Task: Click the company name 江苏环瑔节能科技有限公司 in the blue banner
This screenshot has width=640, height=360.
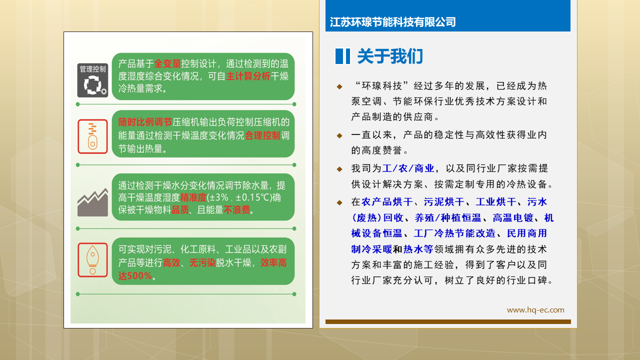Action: click(393, 22)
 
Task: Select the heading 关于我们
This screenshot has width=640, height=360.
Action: click(390, 56)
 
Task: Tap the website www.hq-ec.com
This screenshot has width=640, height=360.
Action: click(535, 310)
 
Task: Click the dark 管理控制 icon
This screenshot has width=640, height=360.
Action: click(92, 80)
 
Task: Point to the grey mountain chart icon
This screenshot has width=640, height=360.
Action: click(92, 202)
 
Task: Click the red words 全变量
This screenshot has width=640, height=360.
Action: click(167, 63)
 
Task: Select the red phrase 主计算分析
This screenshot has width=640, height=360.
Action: click(248, 76)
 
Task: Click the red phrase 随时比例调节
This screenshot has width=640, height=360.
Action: click(145, 122)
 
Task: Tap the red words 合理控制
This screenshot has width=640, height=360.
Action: click(262, 135)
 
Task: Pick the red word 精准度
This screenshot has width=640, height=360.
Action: click(193, 197)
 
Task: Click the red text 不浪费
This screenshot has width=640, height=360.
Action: click(237, 210)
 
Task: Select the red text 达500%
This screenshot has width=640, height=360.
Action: click(135, 275)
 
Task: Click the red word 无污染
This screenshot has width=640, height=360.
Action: click(202, 263)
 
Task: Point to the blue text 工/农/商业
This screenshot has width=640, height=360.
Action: click(408, 168)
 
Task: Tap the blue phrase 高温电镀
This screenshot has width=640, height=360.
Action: click(513, 218)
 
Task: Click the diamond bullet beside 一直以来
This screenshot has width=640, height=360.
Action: click(339, 135)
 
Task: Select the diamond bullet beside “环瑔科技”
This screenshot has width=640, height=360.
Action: click(339, 86)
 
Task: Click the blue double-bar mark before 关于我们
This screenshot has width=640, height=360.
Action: click(342, 56)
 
